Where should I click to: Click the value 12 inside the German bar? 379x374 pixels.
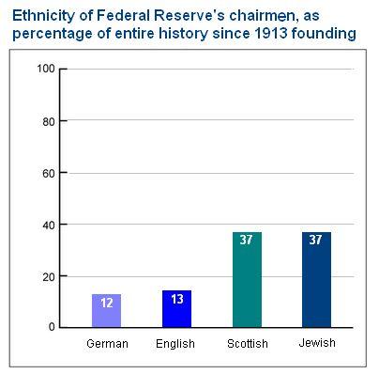[105, 304]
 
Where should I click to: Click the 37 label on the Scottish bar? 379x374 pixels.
[246, 241]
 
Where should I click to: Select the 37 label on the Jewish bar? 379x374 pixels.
[316, 241]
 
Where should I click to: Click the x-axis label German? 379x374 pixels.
[106, 344]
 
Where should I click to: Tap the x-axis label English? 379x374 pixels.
[175, 344]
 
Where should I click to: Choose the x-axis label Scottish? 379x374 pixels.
[247, 344]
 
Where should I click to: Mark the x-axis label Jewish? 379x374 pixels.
[316, 343]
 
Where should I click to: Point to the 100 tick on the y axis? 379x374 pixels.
[44, 70]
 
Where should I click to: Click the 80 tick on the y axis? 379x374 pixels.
[48, 121]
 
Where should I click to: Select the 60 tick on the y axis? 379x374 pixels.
[48, 173]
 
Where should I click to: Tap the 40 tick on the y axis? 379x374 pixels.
[48, 225]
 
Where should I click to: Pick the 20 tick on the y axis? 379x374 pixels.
[48, 276]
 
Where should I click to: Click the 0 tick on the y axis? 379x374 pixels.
[52, 328]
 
